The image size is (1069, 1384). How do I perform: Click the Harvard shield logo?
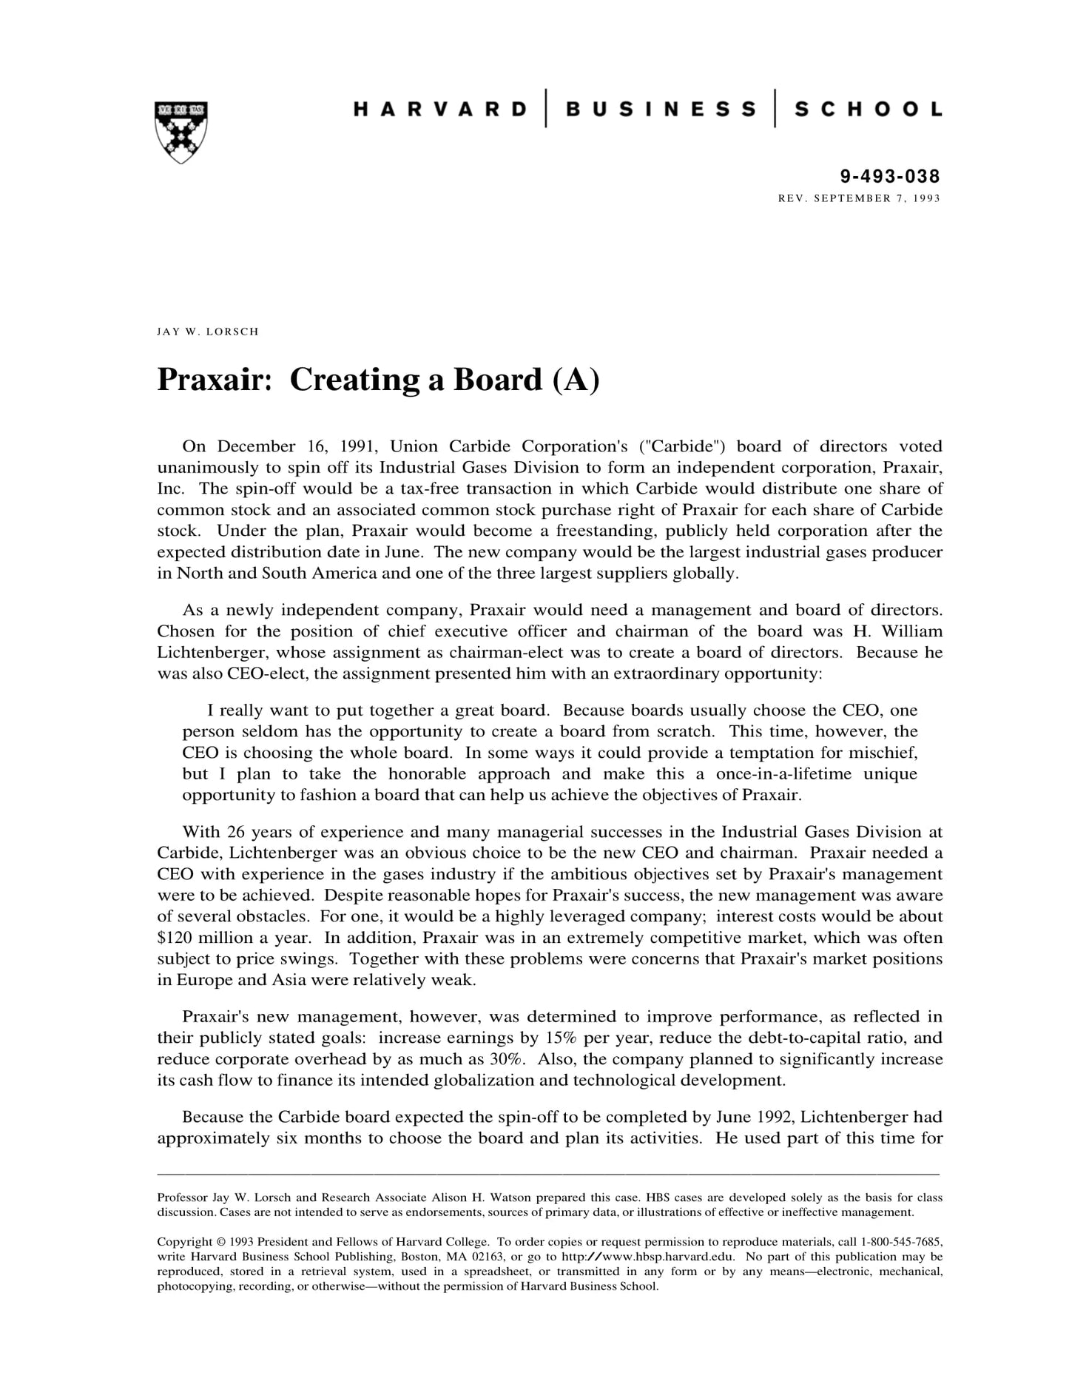pos(181,132)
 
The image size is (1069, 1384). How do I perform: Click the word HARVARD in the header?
pos(441,110)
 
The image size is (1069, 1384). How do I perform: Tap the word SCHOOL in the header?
pos(868,110)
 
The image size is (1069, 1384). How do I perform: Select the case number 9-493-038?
pos(890,176)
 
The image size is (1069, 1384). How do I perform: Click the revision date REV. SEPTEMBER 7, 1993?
pos(859,198)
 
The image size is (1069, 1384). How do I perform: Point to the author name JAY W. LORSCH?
pos(208,332)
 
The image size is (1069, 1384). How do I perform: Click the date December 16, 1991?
pos(297,446)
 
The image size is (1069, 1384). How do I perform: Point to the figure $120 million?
pos(203,938)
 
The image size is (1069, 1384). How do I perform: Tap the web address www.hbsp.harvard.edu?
pos(663,1257)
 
